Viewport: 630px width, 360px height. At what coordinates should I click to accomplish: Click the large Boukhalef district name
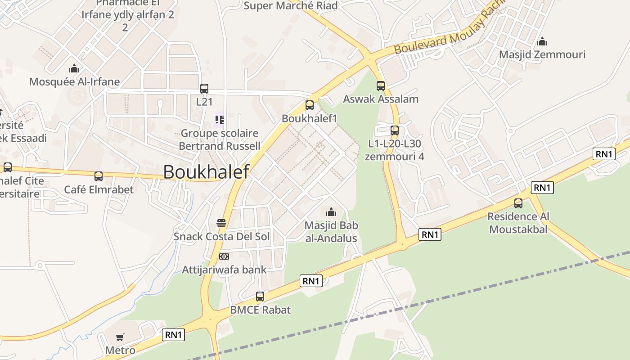(206, 172)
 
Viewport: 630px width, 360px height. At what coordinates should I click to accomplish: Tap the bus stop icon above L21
(204, 89)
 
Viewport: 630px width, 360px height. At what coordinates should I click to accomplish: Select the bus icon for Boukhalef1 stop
(310, 105)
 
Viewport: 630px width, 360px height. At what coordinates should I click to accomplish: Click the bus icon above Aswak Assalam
(381, 86)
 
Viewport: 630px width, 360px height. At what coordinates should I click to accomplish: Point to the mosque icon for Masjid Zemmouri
(542, 41)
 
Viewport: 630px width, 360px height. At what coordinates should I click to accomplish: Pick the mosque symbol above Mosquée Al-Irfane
(74, 68)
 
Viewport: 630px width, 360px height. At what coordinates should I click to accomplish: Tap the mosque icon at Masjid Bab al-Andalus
(331, 211)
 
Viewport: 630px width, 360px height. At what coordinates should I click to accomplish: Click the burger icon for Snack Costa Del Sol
(221, 223)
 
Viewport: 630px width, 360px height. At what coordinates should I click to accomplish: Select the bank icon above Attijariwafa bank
(224, 256)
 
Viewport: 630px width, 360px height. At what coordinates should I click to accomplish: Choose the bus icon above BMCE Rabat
(260, 297)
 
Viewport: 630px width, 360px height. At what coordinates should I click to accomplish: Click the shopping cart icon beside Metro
(120, 337)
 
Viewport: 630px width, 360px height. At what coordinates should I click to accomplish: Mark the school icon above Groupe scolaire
(220, 119)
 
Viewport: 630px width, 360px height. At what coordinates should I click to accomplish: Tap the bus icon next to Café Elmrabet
(99, 176)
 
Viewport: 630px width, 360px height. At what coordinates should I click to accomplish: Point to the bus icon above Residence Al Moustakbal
(518, 203)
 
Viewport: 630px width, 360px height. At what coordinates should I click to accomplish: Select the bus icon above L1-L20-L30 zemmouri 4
(395, 130)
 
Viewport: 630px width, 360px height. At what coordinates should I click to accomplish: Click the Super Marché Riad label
(291, 6)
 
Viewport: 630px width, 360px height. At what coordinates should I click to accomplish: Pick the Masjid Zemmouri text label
(542, 54)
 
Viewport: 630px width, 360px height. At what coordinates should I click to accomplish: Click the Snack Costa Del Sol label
(222, 236)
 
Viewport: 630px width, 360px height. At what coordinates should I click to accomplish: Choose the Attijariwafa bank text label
(224, 270)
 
